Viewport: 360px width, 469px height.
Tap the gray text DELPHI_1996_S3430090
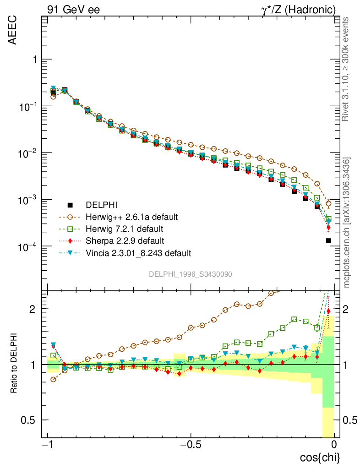point(191,274)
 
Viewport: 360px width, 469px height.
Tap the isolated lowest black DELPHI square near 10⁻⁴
point(328,240)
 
